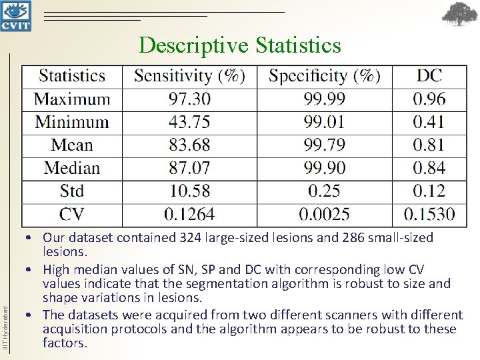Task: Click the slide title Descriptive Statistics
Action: [240, 45]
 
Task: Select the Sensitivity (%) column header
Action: [189, 76]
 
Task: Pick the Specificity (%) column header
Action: [325, 76]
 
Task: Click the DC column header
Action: [429, 76]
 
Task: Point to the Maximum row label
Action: [72, 99]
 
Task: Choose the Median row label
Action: [72, 168]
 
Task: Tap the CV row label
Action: [72, 214]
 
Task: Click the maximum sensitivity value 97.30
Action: [189, 99]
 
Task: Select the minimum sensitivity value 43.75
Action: [189, 122]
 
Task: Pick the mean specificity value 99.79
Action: [325, 145]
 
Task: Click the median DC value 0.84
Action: [429, 168]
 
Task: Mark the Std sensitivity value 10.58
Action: [189, 191]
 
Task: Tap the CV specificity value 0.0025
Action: [325, 214]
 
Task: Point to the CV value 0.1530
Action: [429, 214]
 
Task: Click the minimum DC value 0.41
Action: [429, 122]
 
